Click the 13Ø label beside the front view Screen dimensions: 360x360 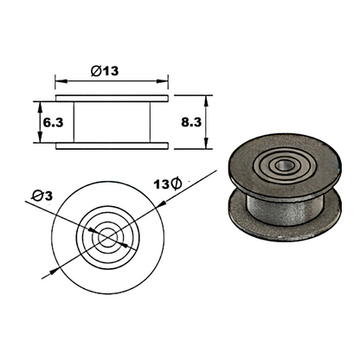coord(165,183)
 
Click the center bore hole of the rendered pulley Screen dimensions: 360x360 coord(280,164)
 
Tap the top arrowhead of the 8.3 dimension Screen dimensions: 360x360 coord(174,98)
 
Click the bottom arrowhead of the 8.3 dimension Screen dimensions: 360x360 coord(174,146)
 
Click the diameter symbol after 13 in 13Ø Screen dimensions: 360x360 coord(175,183)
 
